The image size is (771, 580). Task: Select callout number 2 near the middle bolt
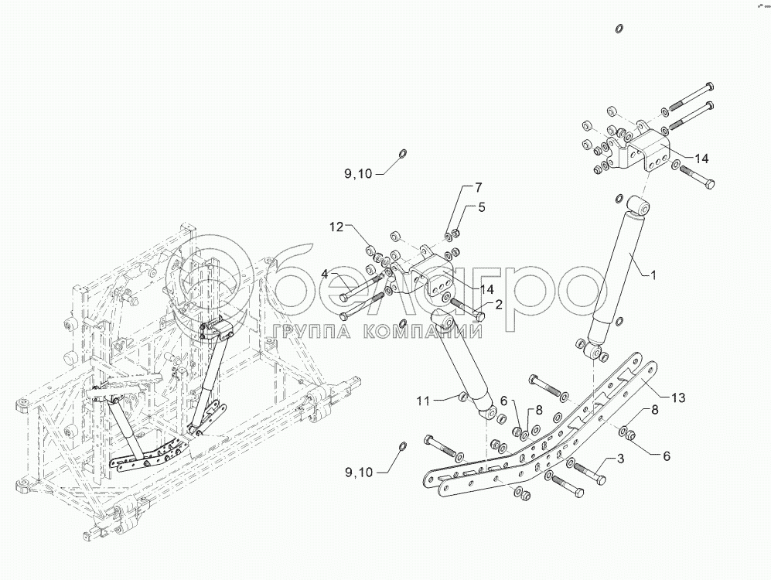499,304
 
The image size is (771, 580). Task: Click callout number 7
477,187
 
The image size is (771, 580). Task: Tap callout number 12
336,227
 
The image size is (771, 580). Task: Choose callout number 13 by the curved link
677,397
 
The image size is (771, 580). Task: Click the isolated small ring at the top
619,29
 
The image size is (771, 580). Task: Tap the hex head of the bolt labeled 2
479,316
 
